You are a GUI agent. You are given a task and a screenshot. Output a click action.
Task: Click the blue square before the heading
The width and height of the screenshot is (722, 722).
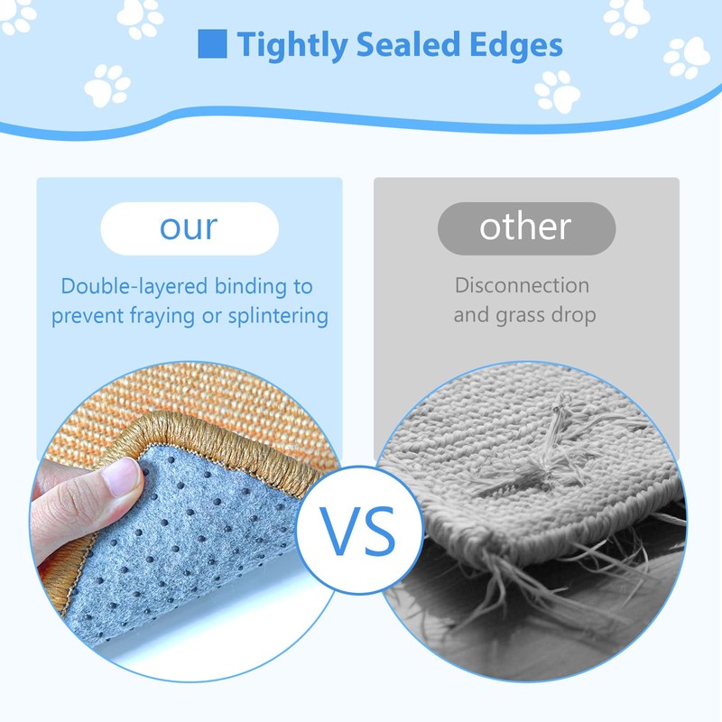coord(212,43)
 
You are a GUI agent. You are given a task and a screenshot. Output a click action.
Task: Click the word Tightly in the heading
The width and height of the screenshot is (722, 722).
coord(292,45)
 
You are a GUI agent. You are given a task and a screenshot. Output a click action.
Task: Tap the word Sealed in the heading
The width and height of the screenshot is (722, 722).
coord(408,44)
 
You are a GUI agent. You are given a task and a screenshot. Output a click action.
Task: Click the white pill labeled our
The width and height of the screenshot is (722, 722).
coord(190,228)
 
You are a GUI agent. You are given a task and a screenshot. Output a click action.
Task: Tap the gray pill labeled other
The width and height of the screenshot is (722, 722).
coord(526,228)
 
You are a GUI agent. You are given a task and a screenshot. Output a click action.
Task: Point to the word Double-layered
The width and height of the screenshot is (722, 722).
coord(134,287)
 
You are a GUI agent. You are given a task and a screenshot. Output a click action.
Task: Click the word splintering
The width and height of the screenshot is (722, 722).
coord(278,317)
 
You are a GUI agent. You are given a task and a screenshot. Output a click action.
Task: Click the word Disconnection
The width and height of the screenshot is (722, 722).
coord(523,285)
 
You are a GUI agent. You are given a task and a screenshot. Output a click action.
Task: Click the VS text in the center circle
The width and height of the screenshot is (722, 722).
coord(357,531)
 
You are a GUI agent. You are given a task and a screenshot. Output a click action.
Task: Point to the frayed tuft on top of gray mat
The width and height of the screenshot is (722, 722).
coord(552,456)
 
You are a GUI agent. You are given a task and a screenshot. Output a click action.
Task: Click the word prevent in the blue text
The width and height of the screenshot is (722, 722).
coord(88,317)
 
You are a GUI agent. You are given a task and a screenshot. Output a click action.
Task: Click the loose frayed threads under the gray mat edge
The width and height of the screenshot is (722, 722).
coord(530,585)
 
